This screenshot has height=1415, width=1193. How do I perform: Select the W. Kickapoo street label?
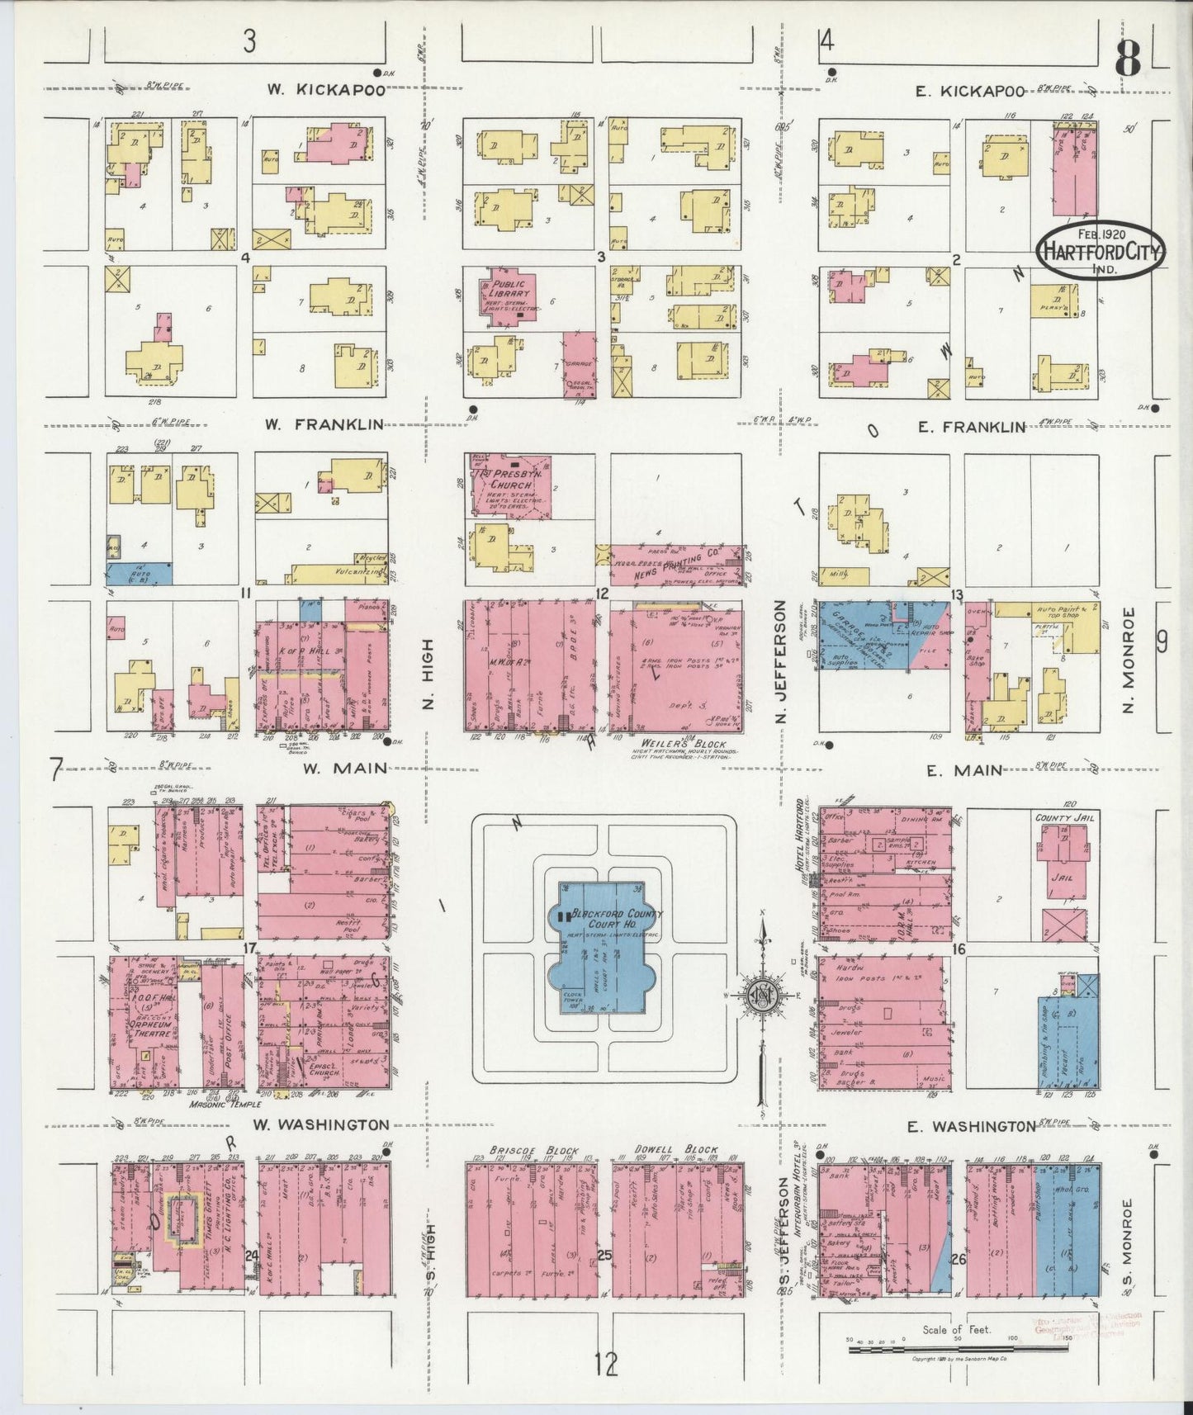pyautogui.click(x=324, y=91)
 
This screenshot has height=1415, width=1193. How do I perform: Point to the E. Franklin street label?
pyautogui.click(x=970, y=427)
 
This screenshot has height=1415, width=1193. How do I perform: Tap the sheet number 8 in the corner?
pyautogui.click(x=1126, y=58)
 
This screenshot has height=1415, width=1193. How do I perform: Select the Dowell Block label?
pyautogui.click(x=676, y=1150)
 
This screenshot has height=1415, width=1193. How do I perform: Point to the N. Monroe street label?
pyautogui.click(x=1131, y=660)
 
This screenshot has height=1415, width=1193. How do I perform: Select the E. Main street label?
pyautogui.click(x=963, y=770)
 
